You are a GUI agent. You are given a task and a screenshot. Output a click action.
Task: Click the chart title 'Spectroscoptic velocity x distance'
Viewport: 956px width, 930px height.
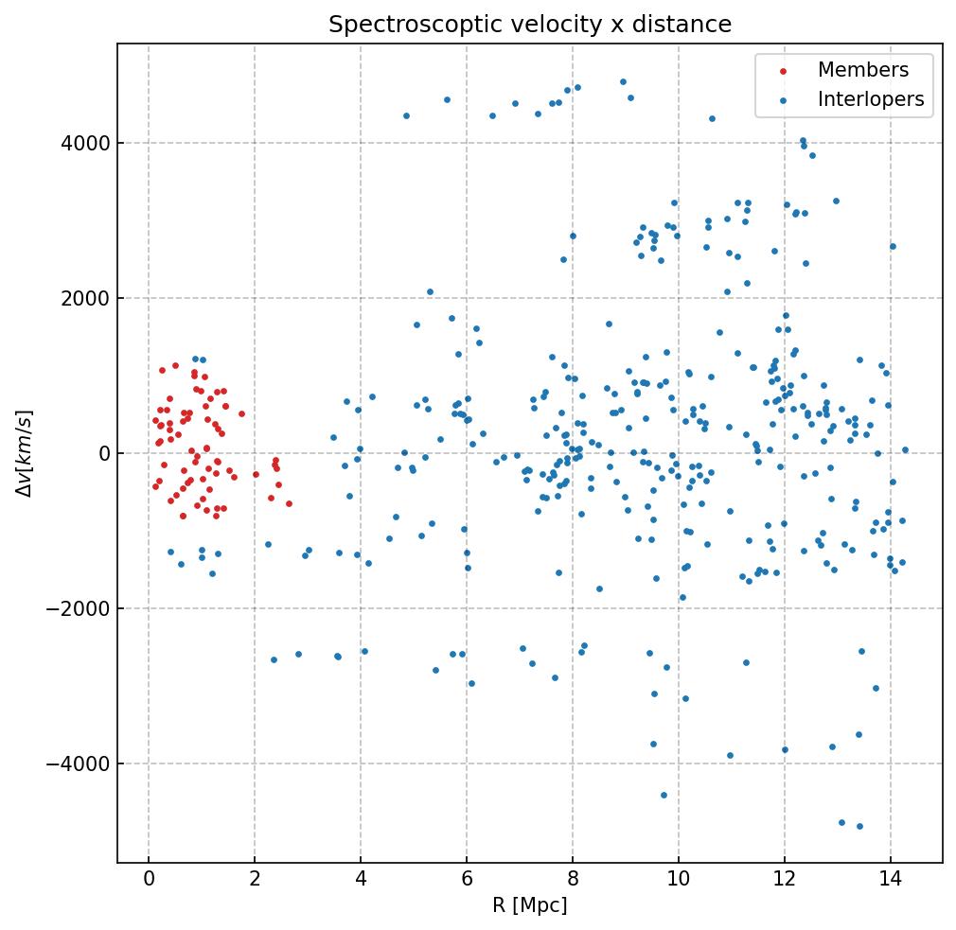[x=530, y=25]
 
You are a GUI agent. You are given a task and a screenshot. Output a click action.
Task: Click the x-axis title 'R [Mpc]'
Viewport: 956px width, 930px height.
[x=529, y=905]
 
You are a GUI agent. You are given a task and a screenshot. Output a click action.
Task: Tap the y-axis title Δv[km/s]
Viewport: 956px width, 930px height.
[x=25, y=453]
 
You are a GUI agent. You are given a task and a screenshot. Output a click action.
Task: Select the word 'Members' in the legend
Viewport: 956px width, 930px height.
[x=862, y=70]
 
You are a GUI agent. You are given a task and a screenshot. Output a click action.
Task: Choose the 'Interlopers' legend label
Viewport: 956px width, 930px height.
[x=871, y=99]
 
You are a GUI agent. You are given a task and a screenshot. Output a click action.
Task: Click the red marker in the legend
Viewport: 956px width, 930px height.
[x=782, y=71]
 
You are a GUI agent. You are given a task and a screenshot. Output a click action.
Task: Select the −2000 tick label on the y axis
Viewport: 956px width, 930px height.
[x=77, y=608]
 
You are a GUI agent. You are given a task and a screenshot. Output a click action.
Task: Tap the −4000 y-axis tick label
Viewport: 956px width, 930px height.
[x=77, y=763]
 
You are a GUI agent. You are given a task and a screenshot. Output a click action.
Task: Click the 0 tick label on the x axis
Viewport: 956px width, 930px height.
[x=149, y=880]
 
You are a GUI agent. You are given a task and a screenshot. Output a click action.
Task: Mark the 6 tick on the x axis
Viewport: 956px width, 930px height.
[x=467, y=880]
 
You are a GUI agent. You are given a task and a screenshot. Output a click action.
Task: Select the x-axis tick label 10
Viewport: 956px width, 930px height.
[x=678, y=880]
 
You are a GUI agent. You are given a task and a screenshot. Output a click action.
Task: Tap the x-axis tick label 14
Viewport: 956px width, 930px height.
[x=890, y=880]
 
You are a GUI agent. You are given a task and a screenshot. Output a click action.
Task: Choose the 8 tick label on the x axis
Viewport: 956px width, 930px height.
[x=572, y=880]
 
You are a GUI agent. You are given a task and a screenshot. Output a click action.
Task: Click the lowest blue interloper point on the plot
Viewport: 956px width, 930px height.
[x=859, y=826]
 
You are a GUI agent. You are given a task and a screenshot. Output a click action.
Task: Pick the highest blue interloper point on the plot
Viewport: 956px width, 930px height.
[x=623, y=82]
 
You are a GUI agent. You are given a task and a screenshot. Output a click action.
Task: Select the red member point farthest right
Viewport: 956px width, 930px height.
[x=289, y=503]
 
